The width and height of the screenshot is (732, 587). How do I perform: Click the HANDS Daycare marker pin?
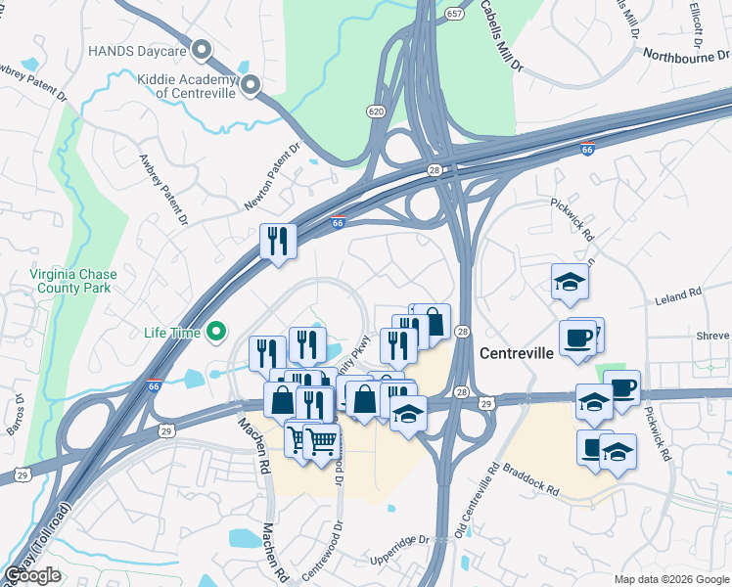pos(203,49)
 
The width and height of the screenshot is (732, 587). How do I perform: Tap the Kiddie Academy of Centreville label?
pos(186,85)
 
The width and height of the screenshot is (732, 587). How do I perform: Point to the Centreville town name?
pos(518,350)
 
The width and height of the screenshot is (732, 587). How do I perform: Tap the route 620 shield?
pos(377,111)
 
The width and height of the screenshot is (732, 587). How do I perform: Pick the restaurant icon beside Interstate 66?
pos(278,242)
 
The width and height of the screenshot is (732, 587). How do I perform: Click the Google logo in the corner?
pos(32,575)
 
